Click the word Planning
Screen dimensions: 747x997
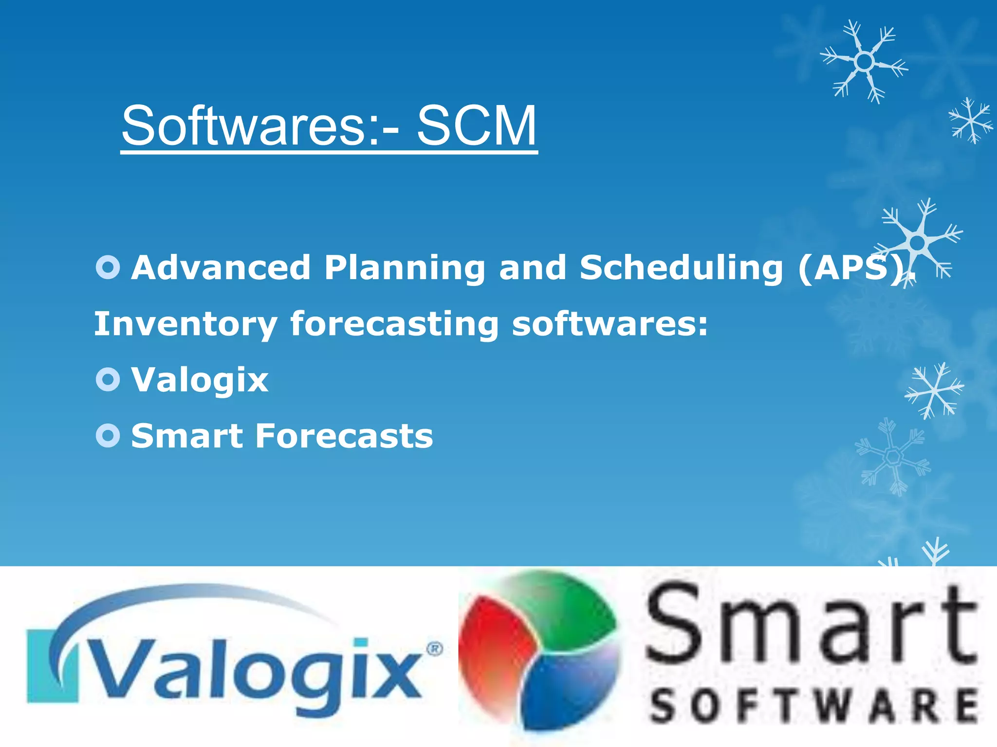[x=405, y=268]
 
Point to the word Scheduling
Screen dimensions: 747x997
[x=681, y=268]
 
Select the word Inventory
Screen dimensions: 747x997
[x=185, y=324]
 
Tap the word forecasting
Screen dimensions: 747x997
[x=394, y=324]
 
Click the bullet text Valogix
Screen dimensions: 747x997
[x=200, y=380]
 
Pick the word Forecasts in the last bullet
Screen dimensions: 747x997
[x=344, y=436]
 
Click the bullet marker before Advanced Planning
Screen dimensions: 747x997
[x=108, y=267]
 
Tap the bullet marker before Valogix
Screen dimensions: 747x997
[x=108, y=379]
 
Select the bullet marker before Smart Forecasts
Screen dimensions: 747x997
[x=108, y=435]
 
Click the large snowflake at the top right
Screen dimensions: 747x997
[x=864, y=62]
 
